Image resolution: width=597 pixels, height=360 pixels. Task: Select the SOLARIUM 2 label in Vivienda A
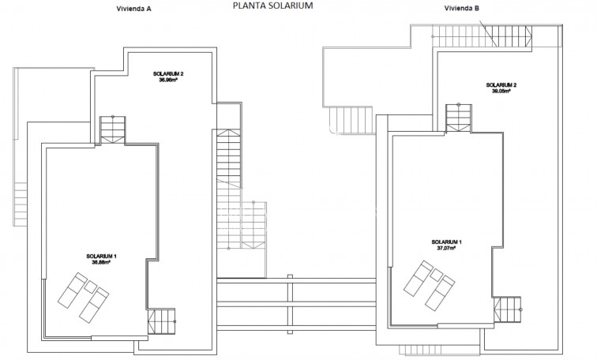click(169, 73)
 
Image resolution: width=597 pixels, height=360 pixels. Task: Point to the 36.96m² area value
click(169, 80)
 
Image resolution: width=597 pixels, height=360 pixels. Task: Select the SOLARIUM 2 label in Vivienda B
click(501, 84)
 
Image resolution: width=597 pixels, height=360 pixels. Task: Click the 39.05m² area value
click(501, 91)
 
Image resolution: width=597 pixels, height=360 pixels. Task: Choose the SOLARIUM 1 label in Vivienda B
click(447, 241)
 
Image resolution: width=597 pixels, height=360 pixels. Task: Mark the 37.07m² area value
click(447, 247)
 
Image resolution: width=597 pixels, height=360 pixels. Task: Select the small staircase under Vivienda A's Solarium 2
click(112, 129)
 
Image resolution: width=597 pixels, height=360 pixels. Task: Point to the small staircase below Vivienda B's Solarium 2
click(457, 118)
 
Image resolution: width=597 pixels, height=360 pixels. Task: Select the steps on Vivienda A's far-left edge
click(20, 203)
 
